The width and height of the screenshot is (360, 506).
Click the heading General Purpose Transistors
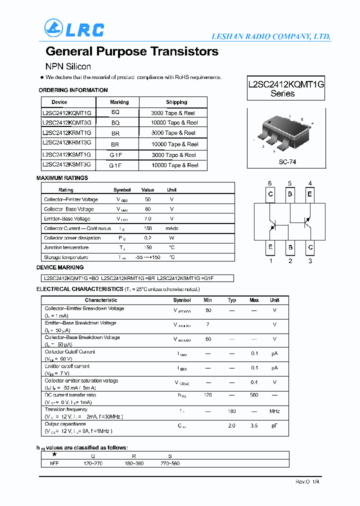point(132,51)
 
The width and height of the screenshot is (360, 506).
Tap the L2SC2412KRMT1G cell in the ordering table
point(67,133)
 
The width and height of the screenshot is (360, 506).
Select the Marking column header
point(119,102)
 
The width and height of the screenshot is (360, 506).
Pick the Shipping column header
point(176,102)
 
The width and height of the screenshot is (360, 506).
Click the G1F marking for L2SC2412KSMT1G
point(116,155)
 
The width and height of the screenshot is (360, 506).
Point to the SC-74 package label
point(287,162)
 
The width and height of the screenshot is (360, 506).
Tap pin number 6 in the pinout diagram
point(270,183)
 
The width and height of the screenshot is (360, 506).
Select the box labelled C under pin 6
point(270,194)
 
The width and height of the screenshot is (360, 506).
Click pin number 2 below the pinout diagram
point(290,260)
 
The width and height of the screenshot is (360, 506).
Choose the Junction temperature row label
point(66,247)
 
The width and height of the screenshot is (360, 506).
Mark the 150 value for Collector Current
point(148,228)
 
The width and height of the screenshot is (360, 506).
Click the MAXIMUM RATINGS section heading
point(62,178)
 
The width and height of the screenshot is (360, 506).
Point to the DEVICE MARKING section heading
point(60,267)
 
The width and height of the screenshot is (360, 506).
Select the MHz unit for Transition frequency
point(274,411)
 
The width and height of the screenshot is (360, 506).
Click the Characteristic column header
point(101,300)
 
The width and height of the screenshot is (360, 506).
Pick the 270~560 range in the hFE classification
point(170,463)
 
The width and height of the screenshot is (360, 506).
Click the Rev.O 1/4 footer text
point(303,481)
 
